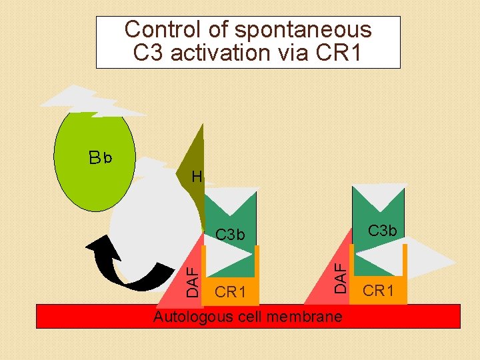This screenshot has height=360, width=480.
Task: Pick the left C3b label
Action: [231, 235]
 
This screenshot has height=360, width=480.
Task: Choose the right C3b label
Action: [383, 231]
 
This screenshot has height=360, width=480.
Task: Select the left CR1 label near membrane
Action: [231, 292]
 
